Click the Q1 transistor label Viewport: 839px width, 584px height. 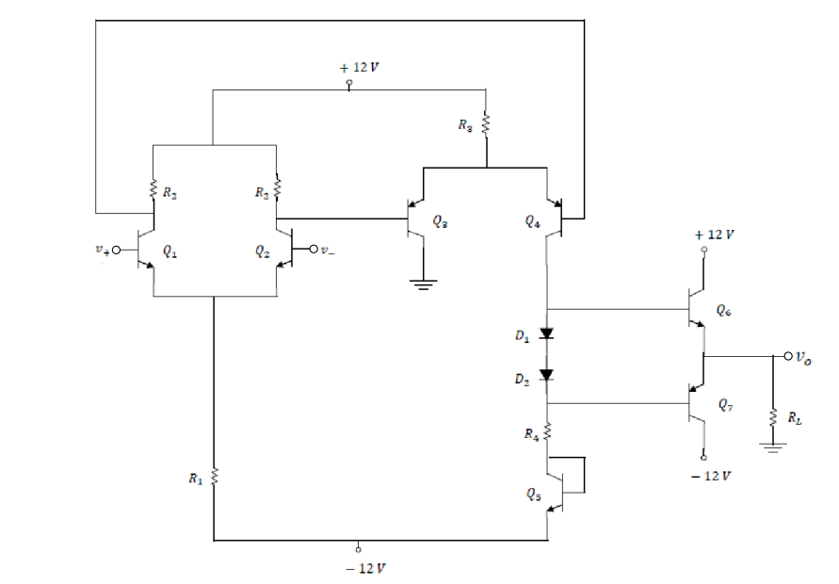coord(169,251)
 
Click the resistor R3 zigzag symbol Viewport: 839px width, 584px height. coord(486,123)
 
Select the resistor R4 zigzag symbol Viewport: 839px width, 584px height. coord(548,432)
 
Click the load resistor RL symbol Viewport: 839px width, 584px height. coord(773,415)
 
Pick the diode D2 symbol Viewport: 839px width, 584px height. coord(548,374)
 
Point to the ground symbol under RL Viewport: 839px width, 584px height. coord(773,449)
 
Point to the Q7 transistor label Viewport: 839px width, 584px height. coord(722,406)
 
